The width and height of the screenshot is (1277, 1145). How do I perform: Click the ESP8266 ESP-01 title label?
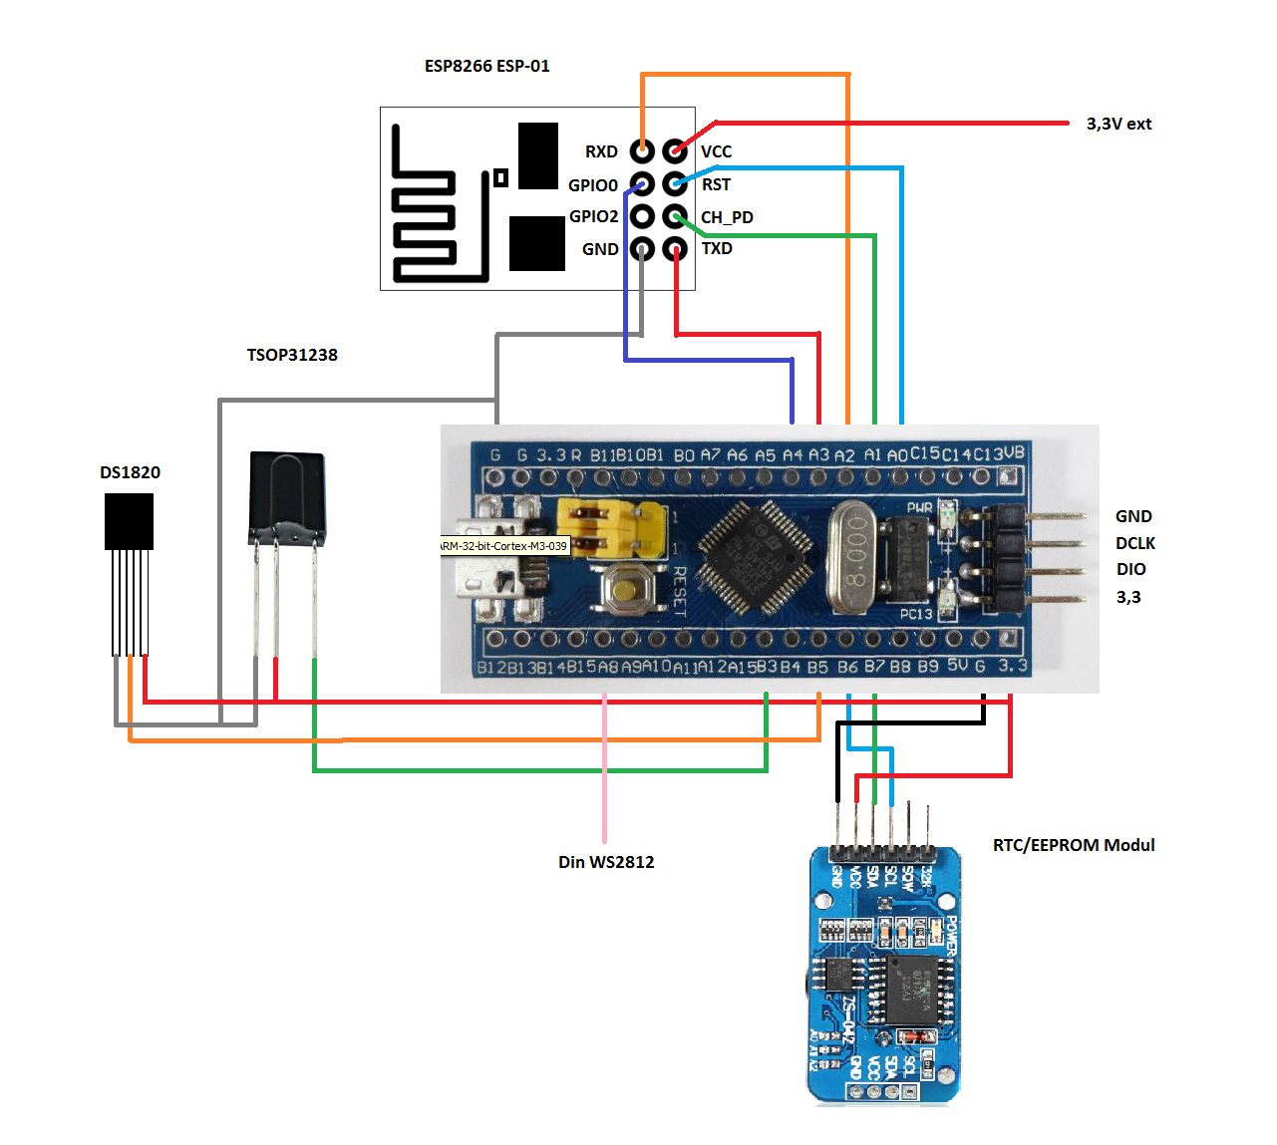(486, 66)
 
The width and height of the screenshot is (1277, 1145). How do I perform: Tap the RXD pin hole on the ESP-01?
(643, 151)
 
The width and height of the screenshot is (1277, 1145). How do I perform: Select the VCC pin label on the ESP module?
(716, 151)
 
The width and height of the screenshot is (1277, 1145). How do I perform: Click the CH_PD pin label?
(727, 217)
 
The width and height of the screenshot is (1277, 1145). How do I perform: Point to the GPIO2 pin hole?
(643, 216)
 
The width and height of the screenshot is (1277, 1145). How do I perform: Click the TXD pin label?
(717, 248)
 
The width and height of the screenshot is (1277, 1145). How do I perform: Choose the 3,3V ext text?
(1118, 124)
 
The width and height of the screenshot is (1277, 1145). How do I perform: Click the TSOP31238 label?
(292, 355)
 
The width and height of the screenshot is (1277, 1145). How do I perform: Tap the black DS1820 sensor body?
(129, 521)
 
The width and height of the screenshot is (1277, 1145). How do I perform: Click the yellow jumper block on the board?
(611, 529)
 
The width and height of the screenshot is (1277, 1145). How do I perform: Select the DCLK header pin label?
(1135, 543)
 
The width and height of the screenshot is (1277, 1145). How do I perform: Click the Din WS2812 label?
(606, 862)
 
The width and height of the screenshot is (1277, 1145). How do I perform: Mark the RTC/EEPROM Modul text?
(1074, 845)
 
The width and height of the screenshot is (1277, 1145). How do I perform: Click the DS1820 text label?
(130, 472)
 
